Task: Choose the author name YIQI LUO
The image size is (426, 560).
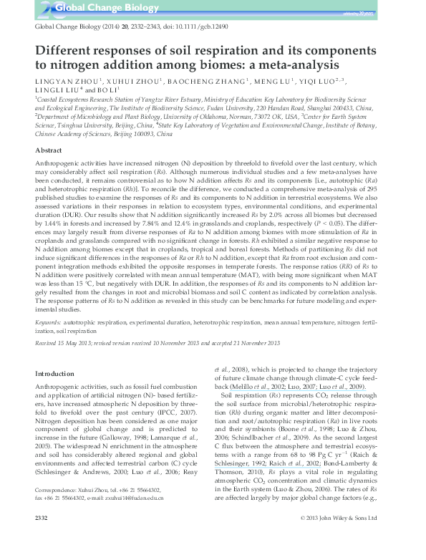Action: click(314, 82)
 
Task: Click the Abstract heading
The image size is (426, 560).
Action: click(51, 151)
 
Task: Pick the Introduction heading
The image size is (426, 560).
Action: click(57, 373)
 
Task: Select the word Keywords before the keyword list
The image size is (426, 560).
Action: click(47, 324)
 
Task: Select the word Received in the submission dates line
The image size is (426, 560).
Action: click(47, 344)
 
